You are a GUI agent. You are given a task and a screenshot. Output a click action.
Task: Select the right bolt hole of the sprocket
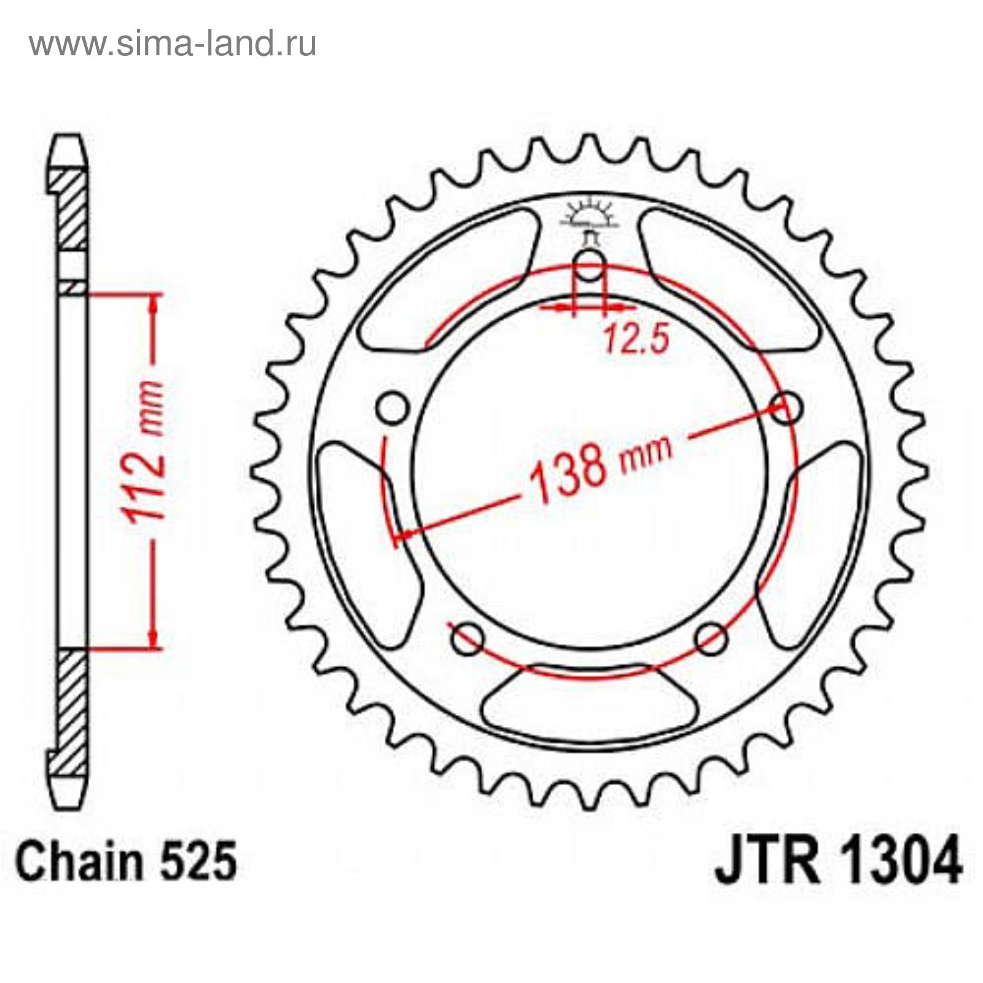(786, 408)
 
